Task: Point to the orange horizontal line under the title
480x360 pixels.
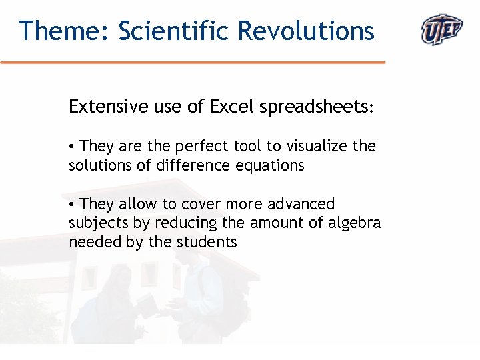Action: click(193, 63)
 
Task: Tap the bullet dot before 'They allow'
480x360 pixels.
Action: click(72, 205)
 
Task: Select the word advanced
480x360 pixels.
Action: click(303, 204)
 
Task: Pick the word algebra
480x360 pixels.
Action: click(354, 223)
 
